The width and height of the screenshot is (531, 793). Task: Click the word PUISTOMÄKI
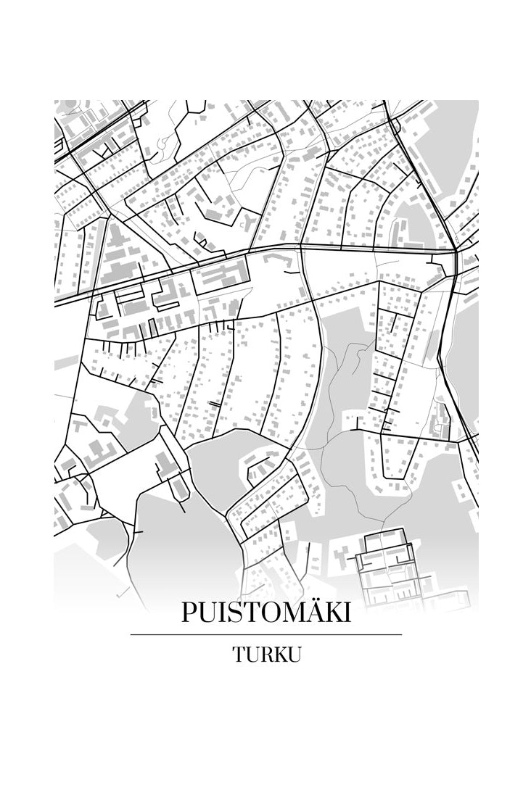[x=265, y=613]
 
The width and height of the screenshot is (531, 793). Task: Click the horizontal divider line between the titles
[x=265, y=634]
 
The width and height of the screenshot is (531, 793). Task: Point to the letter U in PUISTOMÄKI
[x=207, y=613]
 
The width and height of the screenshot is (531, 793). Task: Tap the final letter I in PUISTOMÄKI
[x=347, y=613]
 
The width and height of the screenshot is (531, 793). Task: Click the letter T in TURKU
[x=239, y=654]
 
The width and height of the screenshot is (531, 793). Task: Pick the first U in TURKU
[x=252, y=654]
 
